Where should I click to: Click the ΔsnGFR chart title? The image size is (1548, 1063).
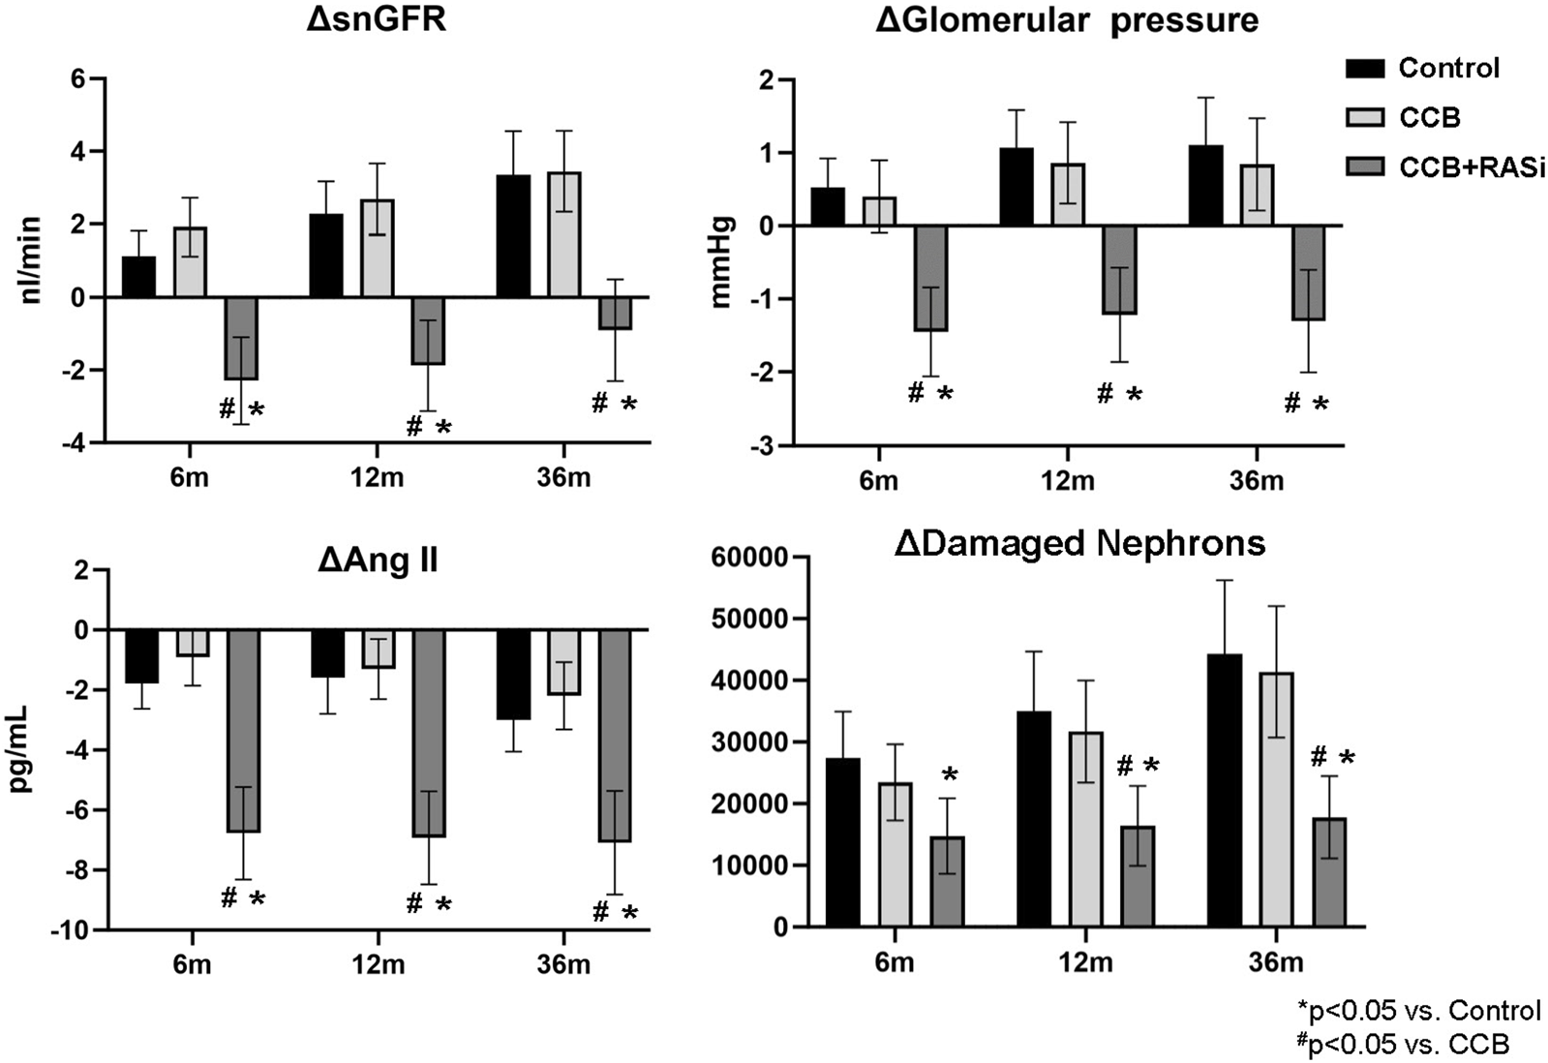click(x=376, y=19)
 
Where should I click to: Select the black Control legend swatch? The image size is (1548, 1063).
click(x=1364, y=68)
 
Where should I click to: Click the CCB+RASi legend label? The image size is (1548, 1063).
click(x=1472, y=167)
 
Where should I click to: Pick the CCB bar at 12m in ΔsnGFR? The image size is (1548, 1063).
click(x=378, y=248)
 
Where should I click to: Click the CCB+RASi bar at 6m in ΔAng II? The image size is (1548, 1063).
click(x=242, y=731)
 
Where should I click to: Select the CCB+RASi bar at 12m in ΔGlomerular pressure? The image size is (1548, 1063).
click(x=1119, y=270)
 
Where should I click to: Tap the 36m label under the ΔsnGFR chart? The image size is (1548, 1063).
click(x=564, y=479)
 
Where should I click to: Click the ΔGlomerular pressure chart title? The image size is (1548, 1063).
click(x=1067, y=19)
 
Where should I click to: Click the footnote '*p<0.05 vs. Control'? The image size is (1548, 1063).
click(x=1419, y=1012)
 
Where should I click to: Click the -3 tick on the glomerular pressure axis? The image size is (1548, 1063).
click(x=765, y=445)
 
